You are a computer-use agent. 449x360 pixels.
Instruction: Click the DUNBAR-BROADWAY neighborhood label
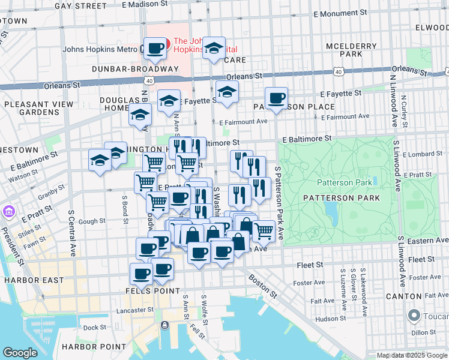pos(135,68)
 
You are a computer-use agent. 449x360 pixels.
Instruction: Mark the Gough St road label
pos(92,221)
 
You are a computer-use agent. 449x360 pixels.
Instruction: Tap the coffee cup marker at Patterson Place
pos(276,98)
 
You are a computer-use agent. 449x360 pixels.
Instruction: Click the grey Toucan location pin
pos(414,315)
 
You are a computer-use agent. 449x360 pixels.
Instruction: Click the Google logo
pos(20,353)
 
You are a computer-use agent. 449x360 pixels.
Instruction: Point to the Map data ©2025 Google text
pos(411,355)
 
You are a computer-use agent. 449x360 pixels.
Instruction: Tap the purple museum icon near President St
pos(9,212)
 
